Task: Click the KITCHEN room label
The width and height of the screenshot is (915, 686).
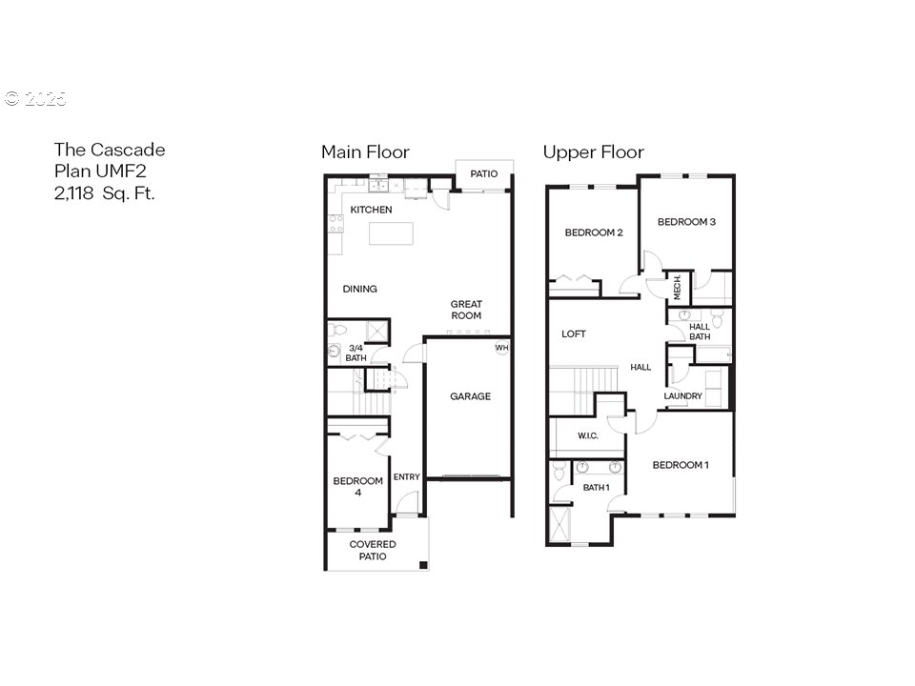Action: [371, 210]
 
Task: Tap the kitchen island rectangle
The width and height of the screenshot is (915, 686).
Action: [391, 233]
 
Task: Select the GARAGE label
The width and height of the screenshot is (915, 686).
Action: [470, 396]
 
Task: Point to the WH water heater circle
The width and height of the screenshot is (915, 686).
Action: [502, 347]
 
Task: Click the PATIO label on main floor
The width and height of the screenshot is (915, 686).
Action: [484, 173]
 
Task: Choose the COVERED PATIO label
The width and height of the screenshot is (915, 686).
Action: [373, 550]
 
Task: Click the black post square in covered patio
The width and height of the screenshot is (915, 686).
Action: [423, 565]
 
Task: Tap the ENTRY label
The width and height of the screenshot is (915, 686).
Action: [407, 476]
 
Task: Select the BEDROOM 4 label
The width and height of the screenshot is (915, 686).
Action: [357, 487]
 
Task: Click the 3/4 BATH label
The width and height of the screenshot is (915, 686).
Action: [356, 353]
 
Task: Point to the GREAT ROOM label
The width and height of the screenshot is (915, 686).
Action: [466, 310]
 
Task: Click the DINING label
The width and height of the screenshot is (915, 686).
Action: [359, 289]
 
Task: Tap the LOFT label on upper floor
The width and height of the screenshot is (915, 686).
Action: [574, 333]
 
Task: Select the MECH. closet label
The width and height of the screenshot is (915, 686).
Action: [678, 288]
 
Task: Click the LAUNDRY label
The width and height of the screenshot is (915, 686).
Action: [682, 396]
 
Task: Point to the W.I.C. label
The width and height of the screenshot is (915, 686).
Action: [588, 435]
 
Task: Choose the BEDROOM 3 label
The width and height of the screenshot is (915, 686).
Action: [686, 222]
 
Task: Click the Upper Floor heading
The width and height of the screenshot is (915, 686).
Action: [594, 152]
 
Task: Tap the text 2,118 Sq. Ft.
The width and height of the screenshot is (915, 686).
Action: [105, 193]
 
